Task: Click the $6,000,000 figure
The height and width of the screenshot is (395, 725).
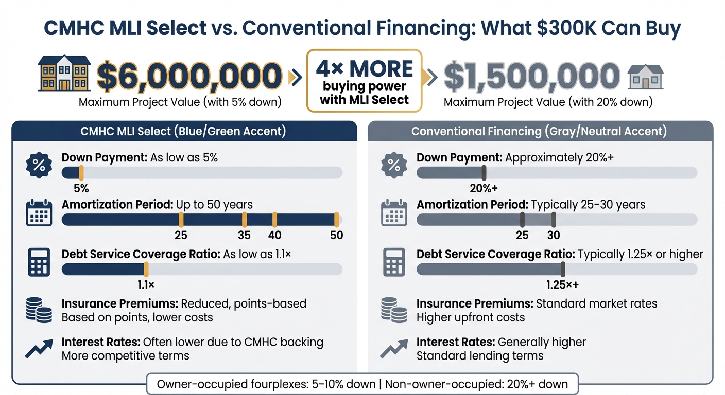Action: [x=189, y=76]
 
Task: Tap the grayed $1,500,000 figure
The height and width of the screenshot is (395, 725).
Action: [x=531, y=76]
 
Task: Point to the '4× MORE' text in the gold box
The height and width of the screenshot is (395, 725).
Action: [x=365, y=68]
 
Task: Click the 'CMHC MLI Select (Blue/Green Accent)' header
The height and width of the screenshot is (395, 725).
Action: [x=183, y=131]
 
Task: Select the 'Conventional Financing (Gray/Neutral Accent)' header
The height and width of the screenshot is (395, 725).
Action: [x=539, y=131]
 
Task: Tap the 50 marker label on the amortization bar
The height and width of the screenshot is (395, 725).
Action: [x=336, y=235]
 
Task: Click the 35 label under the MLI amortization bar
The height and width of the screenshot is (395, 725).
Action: [x=244, y=235]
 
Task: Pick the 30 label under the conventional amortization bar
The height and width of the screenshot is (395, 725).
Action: [x=554, y=235]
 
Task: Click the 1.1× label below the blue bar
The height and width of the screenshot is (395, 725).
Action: [x=146, y=284]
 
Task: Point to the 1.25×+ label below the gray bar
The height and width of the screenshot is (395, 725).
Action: [x=563, y=284]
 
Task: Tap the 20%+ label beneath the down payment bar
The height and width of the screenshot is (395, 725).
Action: [x=484, y=188]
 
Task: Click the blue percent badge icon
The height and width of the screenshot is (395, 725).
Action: [x=39, y=165]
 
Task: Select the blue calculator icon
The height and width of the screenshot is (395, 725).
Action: [x=39, y=262]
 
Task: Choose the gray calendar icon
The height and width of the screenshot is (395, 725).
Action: [x=393, y=213]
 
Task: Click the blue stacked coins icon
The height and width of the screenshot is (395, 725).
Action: [x=39, y=311]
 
